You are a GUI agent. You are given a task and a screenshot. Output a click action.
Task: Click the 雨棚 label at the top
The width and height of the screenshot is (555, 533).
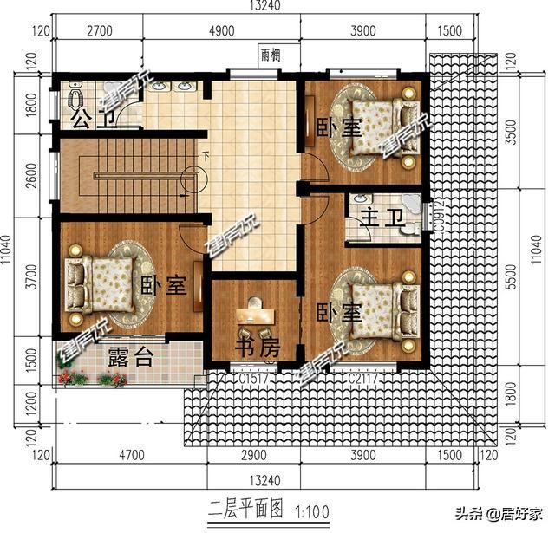pyautogui.click(x=271, y=54)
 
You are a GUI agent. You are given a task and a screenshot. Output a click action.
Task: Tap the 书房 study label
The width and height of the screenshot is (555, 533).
pyautogui.click(x=258, y=348)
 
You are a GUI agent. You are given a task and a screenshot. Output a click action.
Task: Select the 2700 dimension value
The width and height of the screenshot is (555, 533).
pyautogui.click(x=101, y=31)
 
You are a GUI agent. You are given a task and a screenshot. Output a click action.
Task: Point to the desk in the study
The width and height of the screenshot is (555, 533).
pyautogui.click(x=255, y=306)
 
